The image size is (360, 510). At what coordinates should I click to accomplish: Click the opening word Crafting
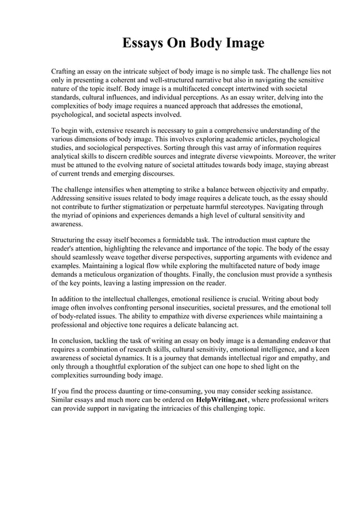coord(65,72)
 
